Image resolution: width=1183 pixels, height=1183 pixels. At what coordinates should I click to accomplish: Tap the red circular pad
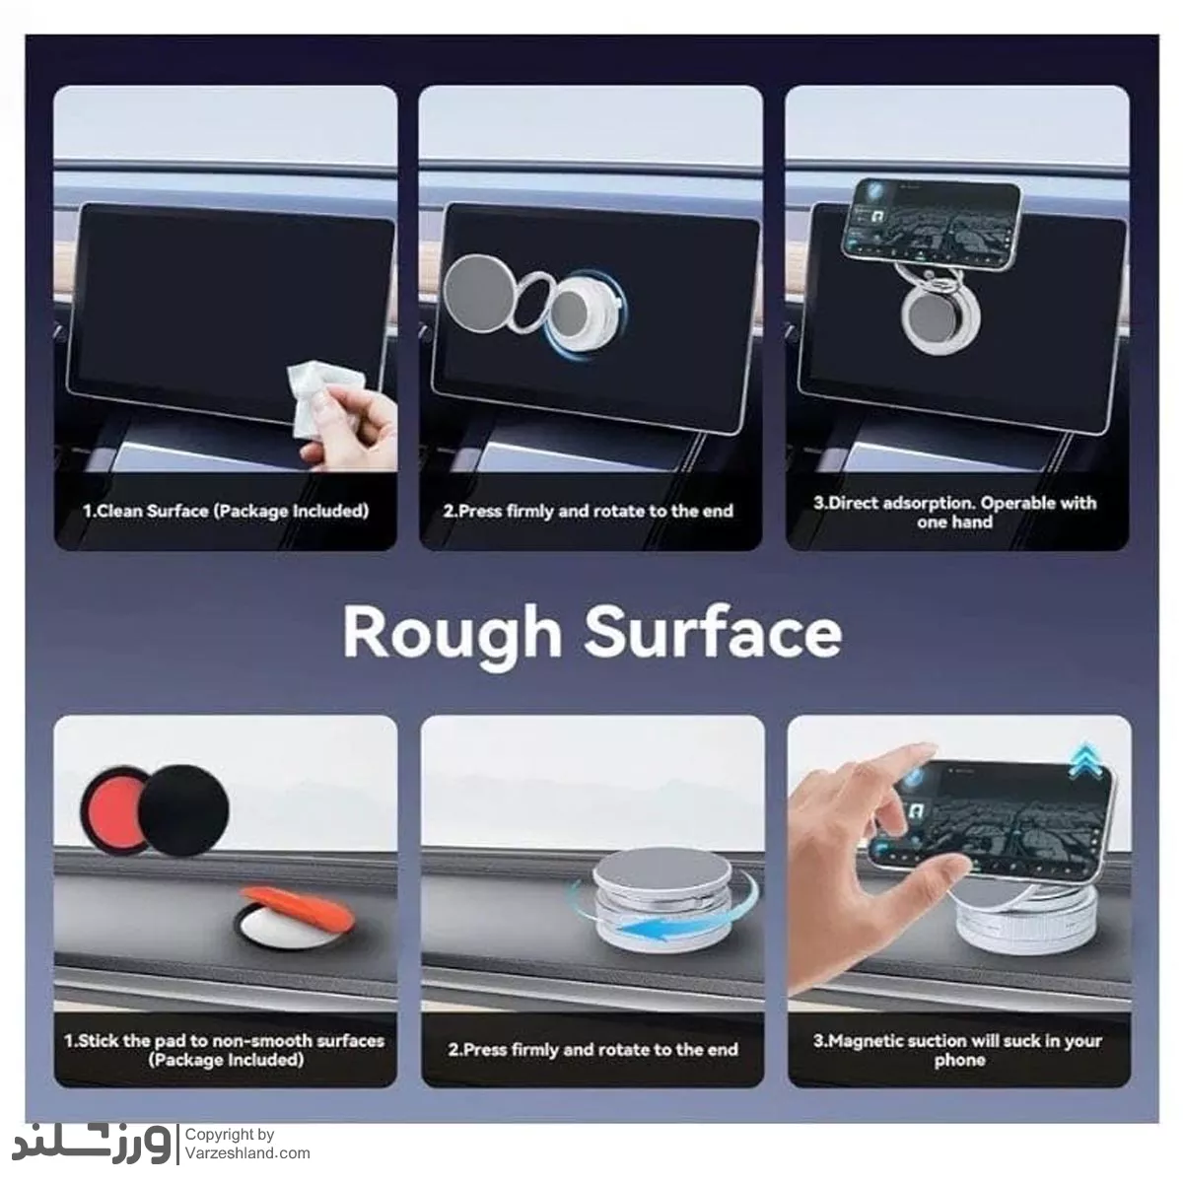(113, 809)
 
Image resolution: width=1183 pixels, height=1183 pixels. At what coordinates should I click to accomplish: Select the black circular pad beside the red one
(184, 809)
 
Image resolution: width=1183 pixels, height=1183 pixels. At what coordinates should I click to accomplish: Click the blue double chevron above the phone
(1084, 761)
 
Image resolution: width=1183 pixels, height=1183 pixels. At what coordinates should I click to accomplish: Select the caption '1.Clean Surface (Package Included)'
(226, 511)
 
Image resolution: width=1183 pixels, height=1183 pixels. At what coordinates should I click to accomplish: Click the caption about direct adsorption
(955, 512)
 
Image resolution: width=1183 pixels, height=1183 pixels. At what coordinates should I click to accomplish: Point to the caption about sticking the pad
(225, 1050)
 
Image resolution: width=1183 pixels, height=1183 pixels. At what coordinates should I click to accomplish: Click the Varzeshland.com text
(247, 1152)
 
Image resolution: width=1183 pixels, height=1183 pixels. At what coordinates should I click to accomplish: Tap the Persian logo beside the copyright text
(92, 1143)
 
